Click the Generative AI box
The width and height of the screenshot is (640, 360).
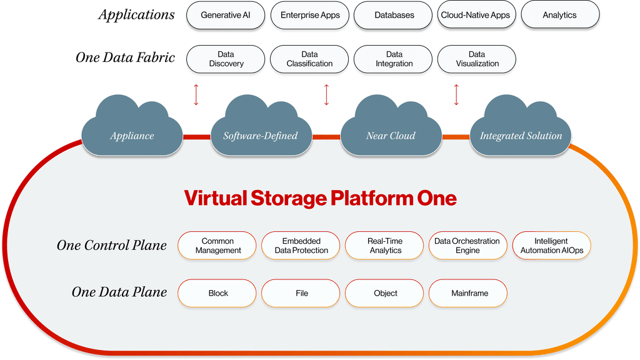click(x=226, y=15)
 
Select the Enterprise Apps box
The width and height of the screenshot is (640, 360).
click(x=310, y=15)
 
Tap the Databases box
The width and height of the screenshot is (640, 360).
click(x=394, y=15)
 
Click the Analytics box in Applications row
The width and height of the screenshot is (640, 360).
click(x=559, y=15)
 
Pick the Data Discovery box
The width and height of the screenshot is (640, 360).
click(x=226, y=59)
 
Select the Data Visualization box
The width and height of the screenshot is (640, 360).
click(x=477, y=59)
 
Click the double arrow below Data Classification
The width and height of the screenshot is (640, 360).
click(x=326, y=94)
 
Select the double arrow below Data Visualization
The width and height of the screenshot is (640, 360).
click(x=456, y=94)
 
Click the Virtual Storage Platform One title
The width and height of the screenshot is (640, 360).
click(x=320, y=199)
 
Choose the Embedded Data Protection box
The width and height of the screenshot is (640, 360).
click(x=301, y=246)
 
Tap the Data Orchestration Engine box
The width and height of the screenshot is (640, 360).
click(x=467, y=246)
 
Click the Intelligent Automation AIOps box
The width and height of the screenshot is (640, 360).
click(x=551, y=246)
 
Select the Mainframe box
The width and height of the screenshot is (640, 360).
click(x=467, y=293)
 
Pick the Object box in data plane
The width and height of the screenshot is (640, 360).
click(x=385, y=293)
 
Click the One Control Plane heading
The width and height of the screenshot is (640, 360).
click(x=112, y=246)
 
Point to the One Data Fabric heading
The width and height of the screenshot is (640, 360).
click(x=125, y=57)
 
